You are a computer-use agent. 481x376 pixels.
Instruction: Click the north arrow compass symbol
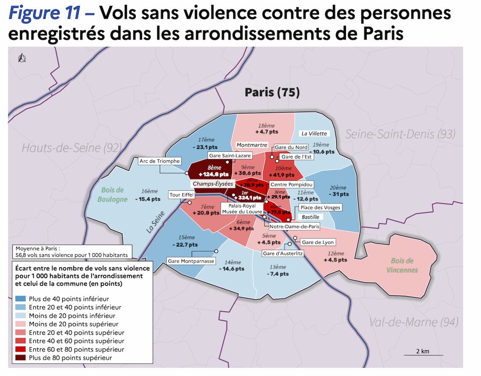pyautogui.click(x=21, y=58)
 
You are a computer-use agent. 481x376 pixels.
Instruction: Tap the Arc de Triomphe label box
pyautogui.click(x=159, y=161)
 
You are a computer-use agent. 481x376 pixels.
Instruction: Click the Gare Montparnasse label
pyautogui.click(x=191, y=261)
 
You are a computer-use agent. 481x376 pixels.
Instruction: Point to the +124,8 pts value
pyautogui.click(x=215, y=174)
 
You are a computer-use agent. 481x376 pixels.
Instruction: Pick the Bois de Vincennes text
pyautogui.click(x=402, y=265)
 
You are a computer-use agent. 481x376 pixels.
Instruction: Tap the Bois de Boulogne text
pyautogui.click(x=113, y=194)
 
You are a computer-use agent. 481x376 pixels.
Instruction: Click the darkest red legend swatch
pyautogui.click(x=20, y=358)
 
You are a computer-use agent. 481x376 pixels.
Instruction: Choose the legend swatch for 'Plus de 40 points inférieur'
pyautogui.click(x=20, y=299)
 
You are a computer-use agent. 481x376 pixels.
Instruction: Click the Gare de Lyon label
pyautogui.click(x=318, y=242)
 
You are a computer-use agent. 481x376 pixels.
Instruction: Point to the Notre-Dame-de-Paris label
pyautogui.click(x=294, y=227)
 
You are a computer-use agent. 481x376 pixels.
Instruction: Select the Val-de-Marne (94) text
pyautogui.click(x=413, y=323)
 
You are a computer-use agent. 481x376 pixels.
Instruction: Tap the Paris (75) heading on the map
pyautogui.click(x=272, y=92)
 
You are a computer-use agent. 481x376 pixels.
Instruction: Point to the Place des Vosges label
pyautogui.click(x=320, y=207)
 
